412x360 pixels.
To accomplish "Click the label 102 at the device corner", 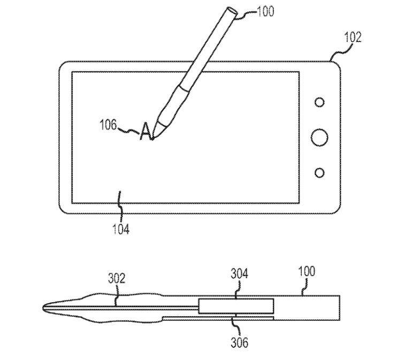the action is point(353,37).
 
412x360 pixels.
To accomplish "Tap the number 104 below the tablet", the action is point(121,229).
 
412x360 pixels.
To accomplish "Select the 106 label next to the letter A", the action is point(108,124).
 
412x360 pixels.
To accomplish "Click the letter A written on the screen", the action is point(146,131).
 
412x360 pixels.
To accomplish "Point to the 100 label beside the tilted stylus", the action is point(265,11).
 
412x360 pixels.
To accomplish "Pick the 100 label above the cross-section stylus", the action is point(307,271).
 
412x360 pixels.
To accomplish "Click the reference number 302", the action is point(117,278).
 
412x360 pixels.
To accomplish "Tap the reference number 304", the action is point(239,274).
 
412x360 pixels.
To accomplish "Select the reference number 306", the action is point(239,342).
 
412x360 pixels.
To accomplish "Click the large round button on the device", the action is point(319,137).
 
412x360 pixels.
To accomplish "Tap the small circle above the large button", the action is point(319,102).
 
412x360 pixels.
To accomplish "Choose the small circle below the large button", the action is point(319,172).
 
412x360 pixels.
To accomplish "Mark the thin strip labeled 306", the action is point(218,319).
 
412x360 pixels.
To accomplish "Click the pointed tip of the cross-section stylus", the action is point(43,307).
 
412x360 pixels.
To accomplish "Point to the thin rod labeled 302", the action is point(121,307).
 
